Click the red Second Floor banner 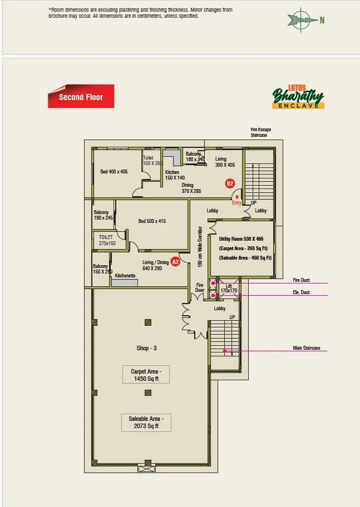pyautogui.click(x=81, y=96)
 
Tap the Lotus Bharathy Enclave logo pyautogui.click(x=298, y=96)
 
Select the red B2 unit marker pyautogui.click(x=230, y=183)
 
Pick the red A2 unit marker pyautogui.click(x=175, y=262)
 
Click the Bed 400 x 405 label pyautogui.click(x=114, y=172)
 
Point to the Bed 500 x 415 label pyautogui.click(x=152, y=221)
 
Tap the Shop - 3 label pyautogui.click(x=147, y=348)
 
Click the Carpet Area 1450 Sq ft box pyautogui.click(x=146, y=375)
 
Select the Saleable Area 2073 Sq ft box pyautogui.click(x=146, y=422)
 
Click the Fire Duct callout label pyautogui.click(x=301, y=280)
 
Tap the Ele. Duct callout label pyautogui.click(x=301, y=292)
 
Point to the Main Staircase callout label pyautogui.click(x=307, y=348)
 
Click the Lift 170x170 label pyautogui.click(x=229, y=289)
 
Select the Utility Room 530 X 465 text pyautogui.click(x=241, y=239)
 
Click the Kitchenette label pyautogui.click(x=125, y=276)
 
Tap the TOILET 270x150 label pyautogui.click(x=107, y=240)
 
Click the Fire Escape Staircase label pyautogui.click(x=260, y=132)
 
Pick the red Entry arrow pyautogui.click(x=237, y=197)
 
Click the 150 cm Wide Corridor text pyautogui.click(x=200, y=247)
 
